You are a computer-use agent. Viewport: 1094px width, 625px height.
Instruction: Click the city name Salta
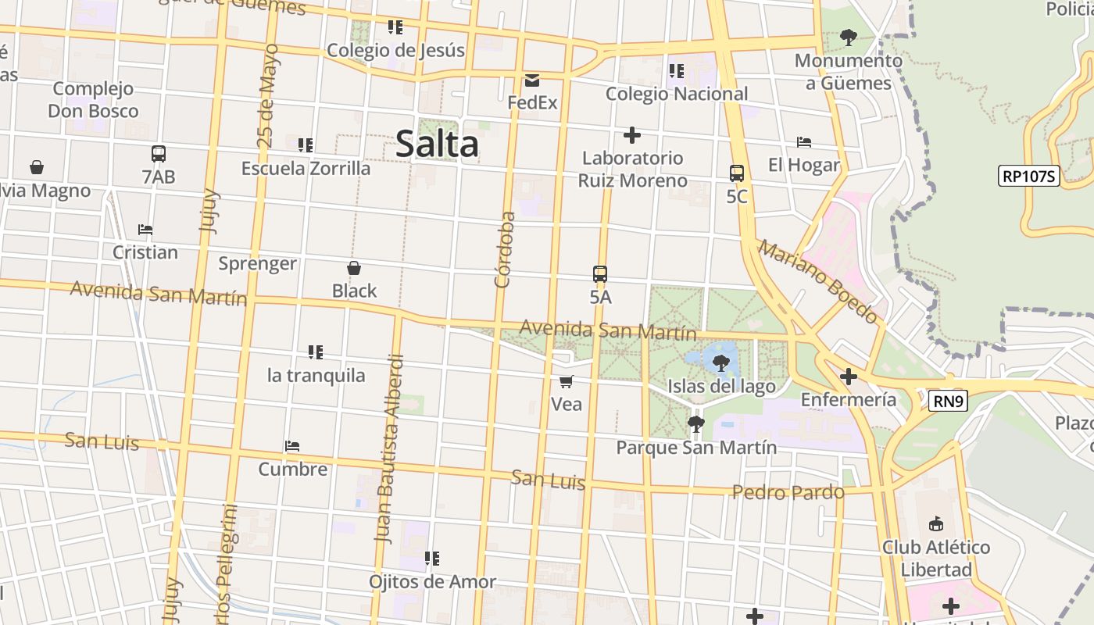click(437, 145)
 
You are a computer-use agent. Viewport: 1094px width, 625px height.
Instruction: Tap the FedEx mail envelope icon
click(532, 80)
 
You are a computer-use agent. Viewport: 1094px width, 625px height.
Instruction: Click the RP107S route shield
click(1029, 176)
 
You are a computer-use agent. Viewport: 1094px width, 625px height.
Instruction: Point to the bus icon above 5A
click(600, 274)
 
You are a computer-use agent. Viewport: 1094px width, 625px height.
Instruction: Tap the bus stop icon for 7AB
click(159, 154)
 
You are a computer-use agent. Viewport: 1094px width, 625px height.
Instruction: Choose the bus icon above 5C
click(736, 173)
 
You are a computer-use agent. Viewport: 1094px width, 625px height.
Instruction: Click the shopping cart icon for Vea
click(567, 381)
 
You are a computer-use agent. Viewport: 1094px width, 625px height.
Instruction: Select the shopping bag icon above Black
click(354, 268)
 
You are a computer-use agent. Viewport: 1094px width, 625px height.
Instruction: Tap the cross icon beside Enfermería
click(848, 377)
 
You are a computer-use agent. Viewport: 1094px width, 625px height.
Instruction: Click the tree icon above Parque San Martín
click(695, 424)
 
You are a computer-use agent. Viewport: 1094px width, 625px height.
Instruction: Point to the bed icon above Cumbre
click(292, 446)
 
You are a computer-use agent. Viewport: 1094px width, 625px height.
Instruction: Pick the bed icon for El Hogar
click(804, 142)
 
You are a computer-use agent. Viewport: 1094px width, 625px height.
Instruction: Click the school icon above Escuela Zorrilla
click(306, 145)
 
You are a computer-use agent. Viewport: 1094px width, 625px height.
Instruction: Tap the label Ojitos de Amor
click(432, 582)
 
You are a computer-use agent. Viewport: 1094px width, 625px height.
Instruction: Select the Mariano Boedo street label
click(817, 281)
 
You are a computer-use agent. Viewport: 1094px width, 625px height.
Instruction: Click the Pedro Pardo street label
click(788, 492)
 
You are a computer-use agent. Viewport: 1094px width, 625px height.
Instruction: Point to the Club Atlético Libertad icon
click(935, 523)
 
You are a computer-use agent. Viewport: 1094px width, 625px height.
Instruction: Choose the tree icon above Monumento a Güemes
click(848, 37)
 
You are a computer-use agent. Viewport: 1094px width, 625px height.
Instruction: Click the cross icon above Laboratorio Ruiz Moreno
click(632, 135)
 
